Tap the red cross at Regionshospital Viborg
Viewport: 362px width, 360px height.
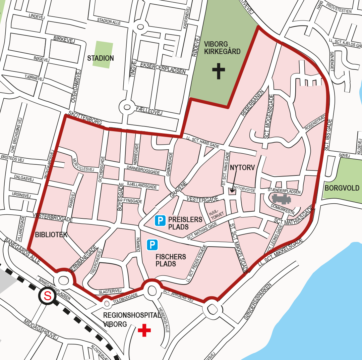[x=144, y=330]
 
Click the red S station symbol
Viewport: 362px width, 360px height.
[x=48, y=296]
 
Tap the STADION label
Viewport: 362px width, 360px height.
[x=101, y=58]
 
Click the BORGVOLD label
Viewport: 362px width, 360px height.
[x=342, y=188]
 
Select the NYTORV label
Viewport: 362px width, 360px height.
[x=243, y=168]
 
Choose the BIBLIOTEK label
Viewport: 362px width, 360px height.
[x=51, y=235]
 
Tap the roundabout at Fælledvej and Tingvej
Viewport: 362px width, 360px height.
[x=127, y=107]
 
